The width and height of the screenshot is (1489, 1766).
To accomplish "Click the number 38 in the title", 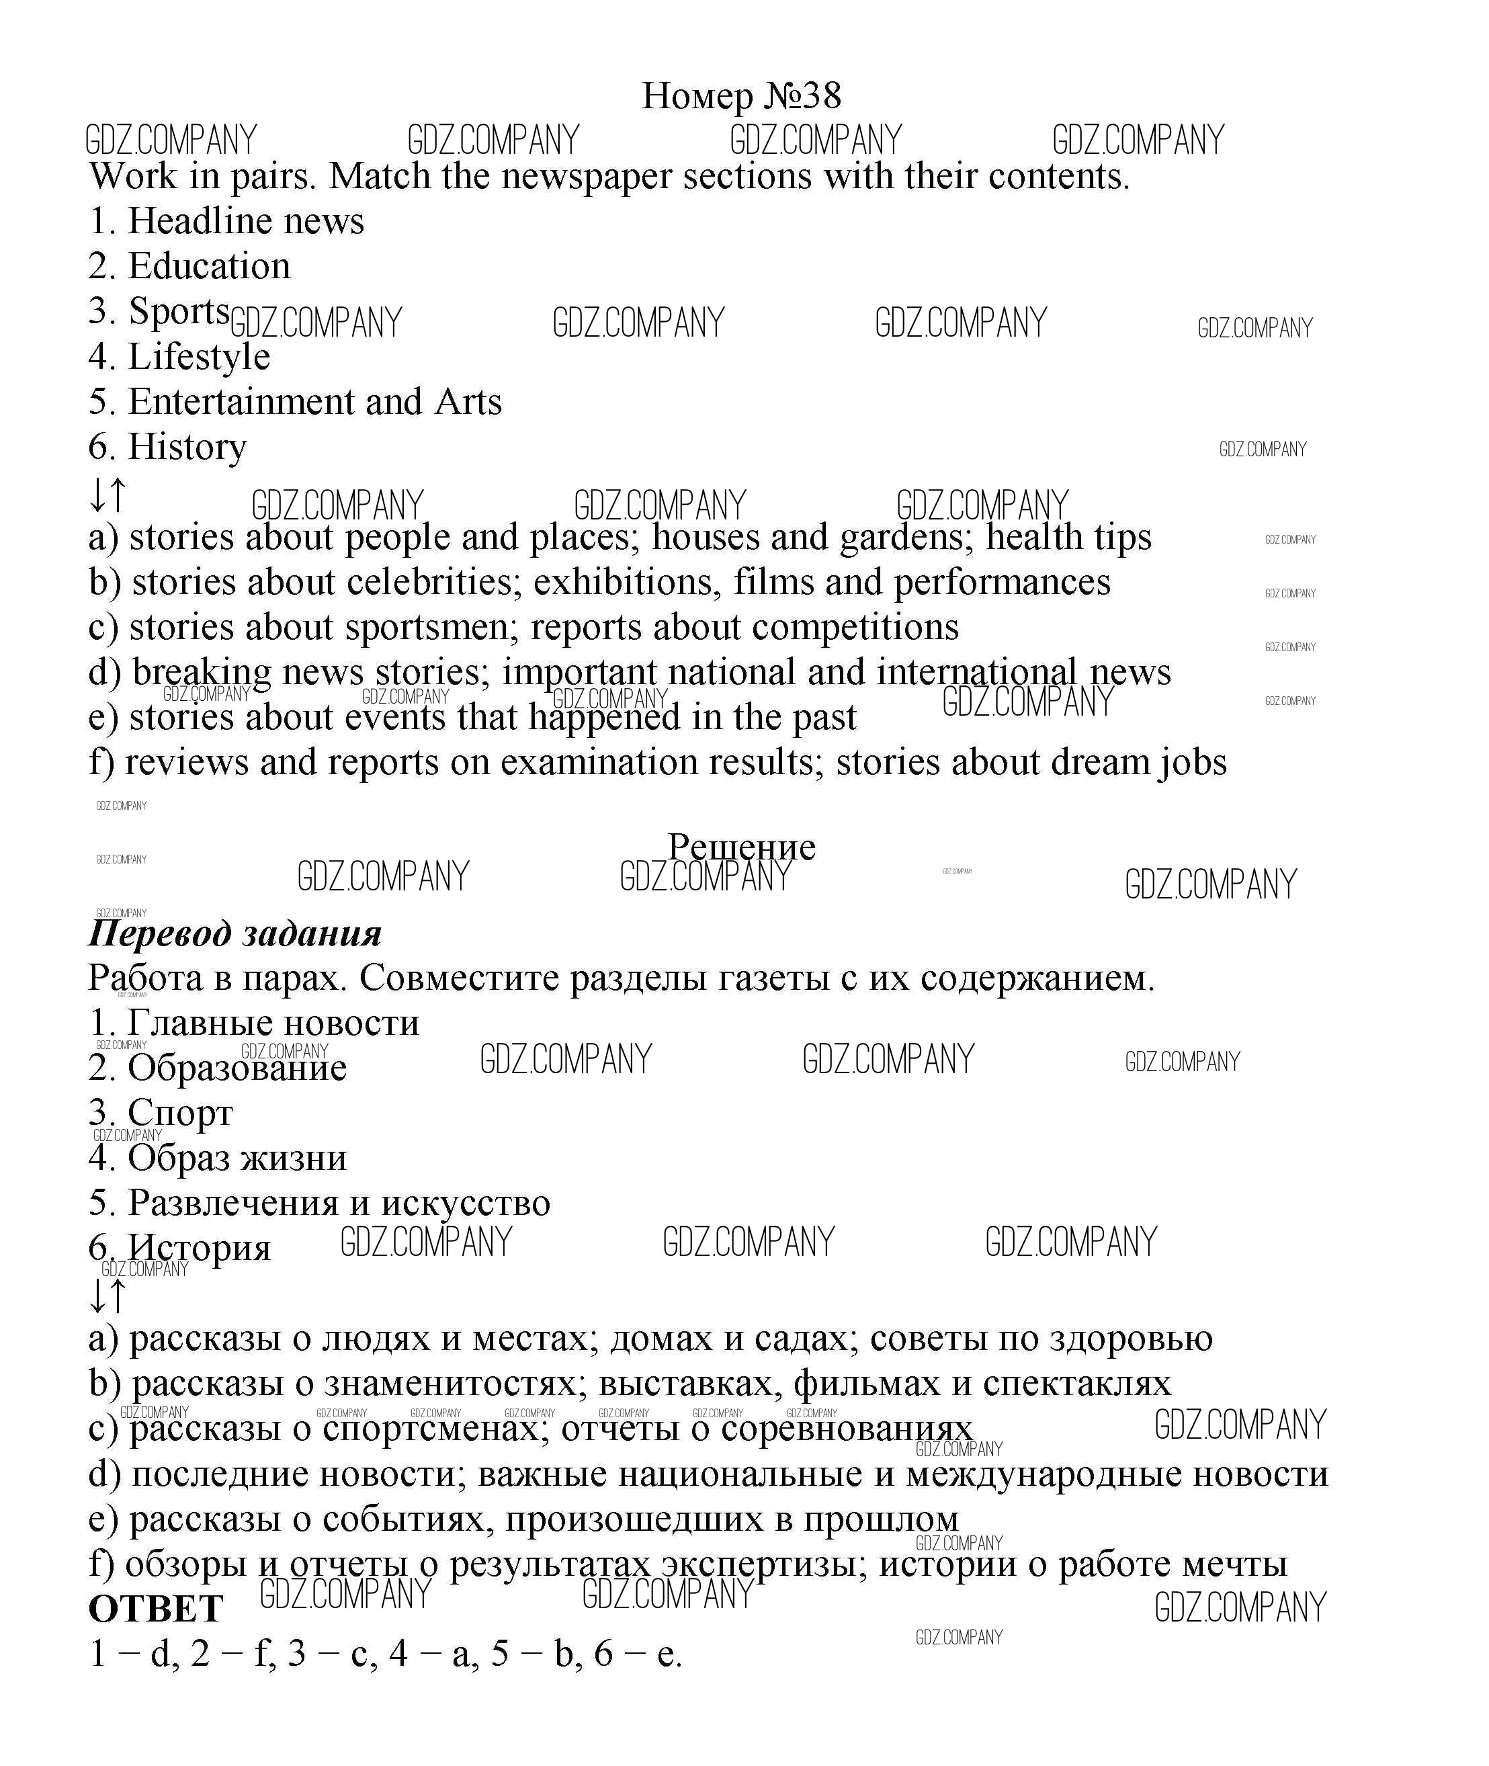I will point(820,96).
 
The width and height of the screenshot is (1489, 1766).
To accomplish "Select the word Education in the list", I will point(210,267).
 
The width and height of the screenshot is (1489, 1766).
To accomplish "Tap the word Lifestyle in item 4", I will point(199,357).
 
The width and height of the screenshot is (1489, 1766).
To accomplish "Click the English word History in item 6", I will point(187,448).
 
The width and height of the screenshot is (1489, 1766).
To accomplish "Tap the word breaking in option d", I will point(202,673).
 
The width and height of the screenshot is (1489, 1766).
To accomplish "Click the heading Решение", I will point(741,847).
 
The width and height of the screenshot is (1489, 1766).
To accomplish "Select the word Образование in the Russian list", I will point(237,1068).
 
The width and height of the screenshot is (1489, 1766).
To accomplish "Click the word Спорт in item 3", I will point(180,1113).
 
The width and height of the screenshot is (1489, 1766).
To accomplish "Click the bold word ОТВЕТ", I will point(156,1609).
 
